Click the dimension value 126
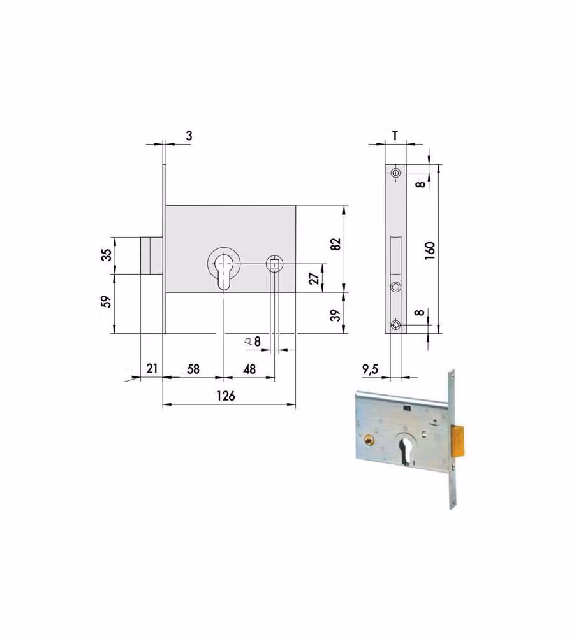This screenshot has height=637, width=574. (225, 396)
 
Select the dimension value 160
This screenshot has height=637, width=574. (430, 251)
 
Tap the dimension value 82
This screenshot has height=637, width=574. (335, 244)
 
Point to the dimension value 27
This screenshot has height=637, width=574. (314, 279)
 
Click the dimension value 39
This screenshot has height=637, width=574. (335, 315)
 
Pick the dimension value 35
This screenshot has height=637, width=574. (106, 255)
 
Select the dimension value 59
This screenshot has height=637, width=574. (106, 301)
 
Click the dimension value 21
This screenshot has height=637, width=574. (152, 368)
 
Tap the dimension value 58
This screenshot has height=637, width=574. (193, 369)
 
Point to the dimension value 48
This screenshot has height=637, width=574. (249, 369)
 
